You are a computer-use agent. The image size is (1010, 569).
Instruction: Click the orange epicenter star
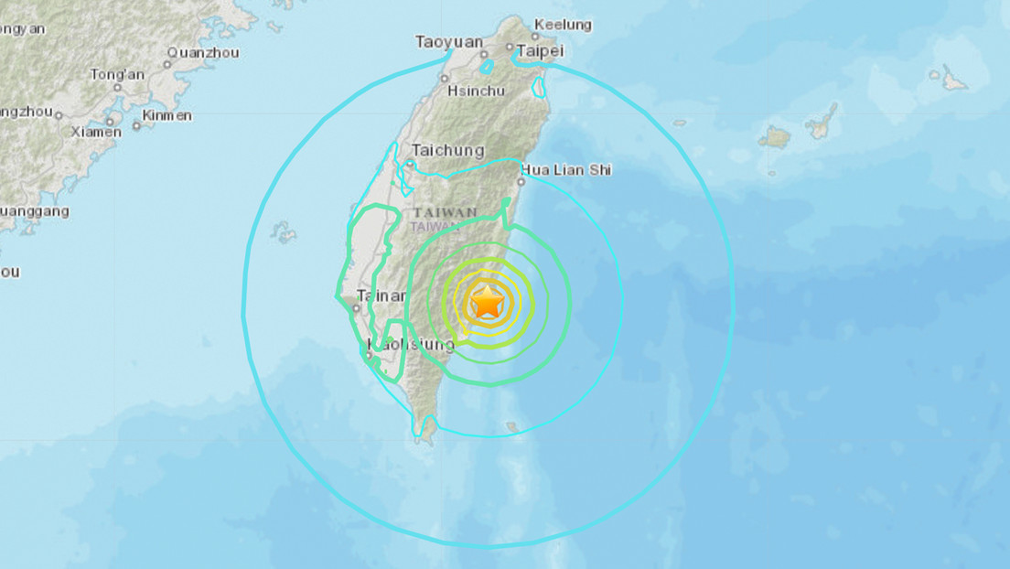pos(487,301)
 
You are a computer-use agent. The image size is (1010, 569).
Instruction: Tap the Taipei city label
pos(538,51)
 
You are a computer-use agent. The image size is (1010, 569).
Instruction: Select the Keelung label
pos(563,25)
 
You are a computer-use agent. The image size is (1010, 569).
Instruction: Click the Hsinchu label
pos(476,91)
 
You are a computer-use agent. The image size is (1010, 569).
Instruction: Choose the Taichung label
pos(447,150)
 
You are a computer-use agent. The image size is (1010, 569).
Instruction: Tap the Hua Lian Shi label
pos(566,169)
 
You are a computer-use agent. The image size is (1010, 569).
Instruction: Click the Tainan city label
pos(381,295)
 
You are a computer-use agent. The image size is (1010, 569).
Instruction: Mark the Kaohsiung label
pos(411,345)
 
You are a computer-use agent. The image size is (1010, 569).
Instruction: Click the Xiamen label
pos(96,132)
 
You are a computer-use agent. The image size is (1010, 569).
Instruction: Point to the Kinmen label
pos(167,115)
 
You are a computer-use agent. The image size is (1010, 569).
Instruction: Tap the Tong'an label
pos(117,75)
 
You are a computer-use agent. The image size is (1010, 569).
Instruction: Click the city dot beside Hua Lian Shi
pos(521,181)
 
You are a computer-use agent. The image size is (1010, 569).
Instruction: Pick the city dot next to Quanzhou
pos(168,64)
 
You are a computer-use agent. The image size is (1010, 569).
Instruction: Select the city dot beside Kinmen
pos(136,125)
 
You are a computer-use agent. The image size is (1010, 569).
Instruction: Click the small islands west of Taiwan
pos(285,233)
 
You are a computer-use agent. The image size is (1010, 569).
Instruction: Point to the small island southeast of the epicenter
pos(512,426)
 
